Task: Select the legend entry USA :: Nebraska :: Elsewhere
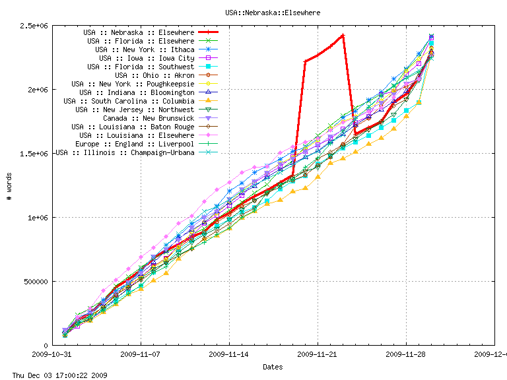[x=139, y=32]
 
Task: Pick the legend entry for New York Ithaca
[x=145, y=49]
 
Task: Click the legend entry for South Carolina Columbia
[x=129, y=101]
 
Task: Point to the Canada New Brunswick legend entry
[x=149, y=118]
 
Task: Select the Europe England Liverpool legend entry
[x=135, y=144]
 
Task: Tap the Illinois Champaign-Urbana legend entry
[x=125, y=152]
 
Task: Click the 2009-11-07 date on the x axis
[x=141, y=354]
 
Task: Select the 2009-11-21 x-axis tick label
[x=318, y=354]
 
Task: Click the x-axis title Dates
[x=273, y=366]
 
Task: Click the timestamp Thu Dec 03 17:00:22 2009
[x=54, y=375]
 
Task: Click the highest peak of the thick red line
[x=343, y=35]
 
